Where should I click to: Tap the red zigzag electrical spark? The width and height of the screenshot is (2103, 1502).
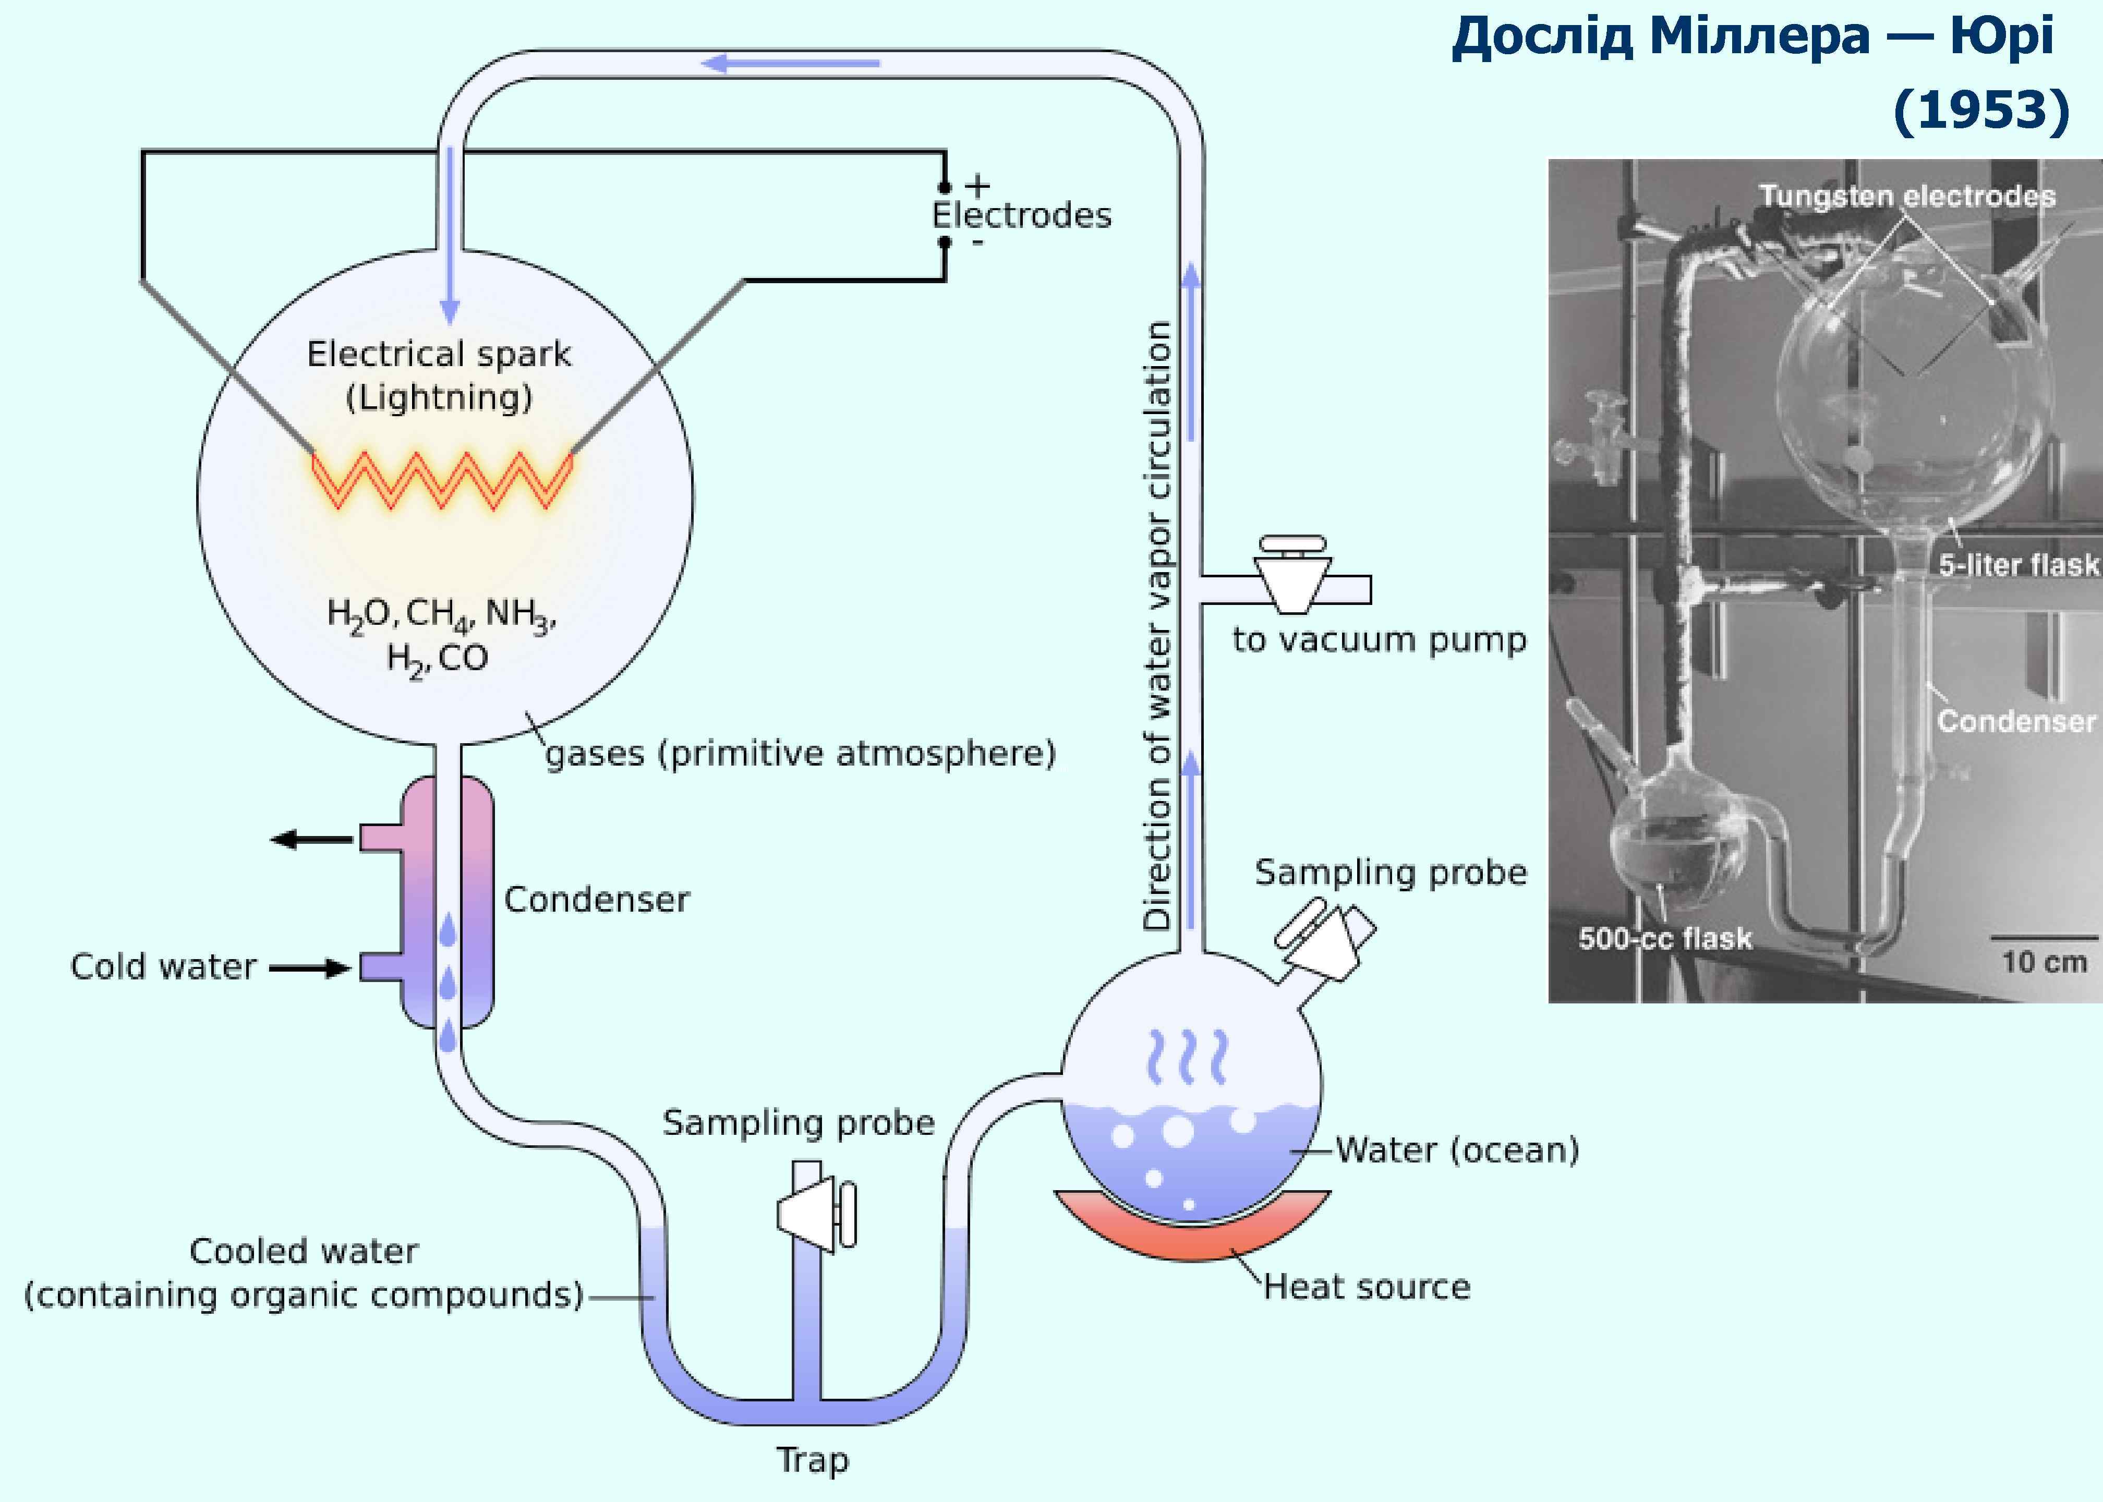pos(442,479)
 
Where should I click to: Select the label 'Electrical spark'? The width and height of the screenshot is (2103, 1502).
pos(439,353)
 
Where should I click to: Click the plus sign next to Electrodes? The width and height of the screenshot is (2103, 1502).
pos(977,186)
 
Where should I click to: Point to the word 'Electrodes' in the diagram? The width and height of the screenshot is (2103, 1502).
pos(1021,215)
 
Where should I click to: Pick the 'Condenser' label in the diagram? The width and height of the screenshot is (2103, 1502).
pos(597,899)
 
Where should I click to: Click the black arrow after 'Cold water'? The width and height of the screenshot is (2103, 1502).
pos(310,967)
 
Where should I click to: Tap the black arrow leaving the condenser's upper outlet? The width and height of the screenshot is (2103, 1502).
pos(311,839)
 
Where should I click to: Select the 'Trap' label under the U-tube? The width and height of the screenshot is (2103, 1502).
pos(812,1459)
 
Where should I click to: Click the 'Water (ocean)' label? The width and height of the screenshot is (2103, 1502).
pos(1457,1149)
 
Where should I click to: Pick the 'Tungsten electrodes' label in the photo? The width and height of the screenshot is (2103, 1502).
pos(1907,196)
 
